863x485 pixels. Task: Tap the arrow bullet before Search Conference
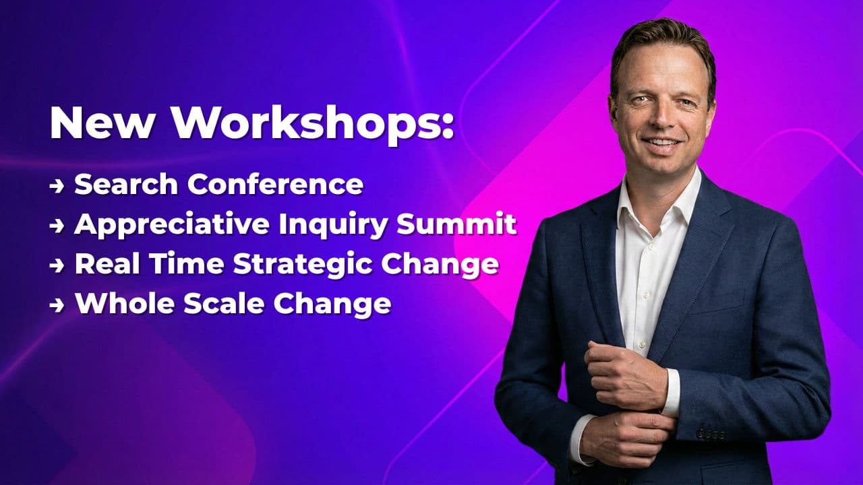(58, 185)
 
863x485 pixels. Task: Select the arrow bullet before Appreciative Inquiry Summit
(58, 226)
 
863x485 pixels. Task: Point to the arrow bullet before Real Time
(58, 265)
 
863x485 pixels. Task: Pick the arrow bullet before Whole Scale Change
(58, 304)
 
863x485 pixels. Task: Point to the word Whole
(118, 303)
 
